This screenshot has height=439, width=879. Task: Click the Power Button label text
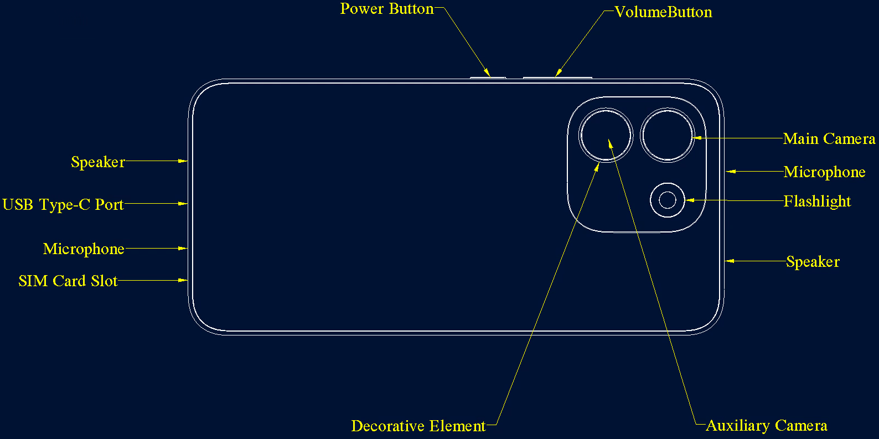point(387,9)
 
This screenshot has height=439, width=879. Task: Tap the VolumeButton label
point(663,12)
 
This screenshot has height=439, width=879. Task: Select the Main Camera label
point(829,139)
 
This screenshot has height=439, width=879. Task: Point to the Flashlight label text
point(817,202)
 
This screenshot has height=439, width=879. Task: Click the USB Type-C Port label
point(63,205)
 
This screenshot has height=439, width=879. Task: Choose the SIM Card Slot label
point(68,281)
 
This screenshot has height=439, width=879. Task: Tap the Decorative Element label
point(418,426)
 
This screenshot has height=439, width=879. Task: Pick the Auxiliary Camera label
point(767,426)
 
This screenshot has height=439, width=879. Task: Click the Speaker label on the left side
point(98,162)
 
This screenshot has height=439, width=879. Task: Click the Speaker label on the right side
point(813,262)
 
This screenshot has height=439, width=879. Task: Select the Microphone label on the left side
point(84,249)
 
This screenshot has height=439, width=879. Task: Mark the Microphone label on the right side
point(824,172)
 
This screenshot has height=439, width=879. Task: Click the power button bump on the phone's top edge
point(488,78)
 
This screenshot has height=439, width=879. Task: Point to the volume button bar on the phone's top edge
point(557,78)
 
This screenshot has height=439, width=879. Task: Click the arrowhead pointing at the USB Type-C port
point(183,204)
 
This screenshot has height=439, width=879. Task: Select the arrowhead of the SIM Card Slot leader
point(183,280)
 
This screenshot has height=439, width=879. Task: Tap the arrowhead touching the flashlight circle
point(690,200)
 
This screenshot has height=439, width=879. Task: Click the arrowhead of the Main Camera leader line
point(697,138)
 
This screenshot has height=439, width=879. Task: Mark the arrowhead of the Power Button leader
point(487,73)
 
